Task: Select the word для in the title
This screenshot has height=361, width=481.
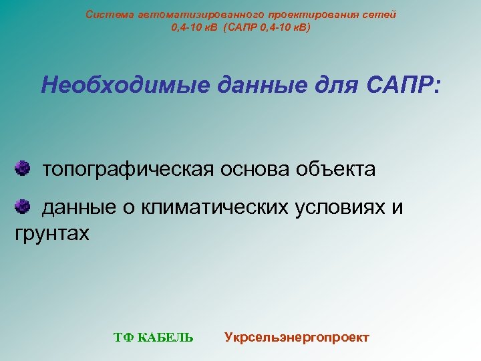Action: pyautogui.click(x=301, y=85)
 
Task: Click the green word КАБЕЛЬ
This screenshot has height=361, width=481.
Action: pyautogui.click(x=165, y=338)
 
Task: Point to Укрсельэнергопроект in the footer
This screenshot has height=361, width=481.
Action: pyautogui.click(x=297, y=337)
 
